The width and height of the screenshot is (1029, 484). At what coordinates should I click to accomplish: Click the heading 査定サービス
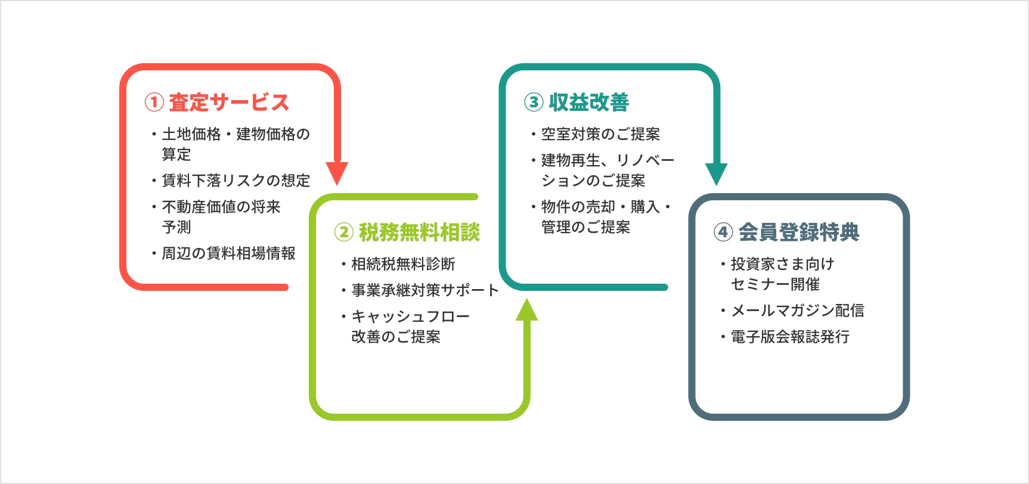tap(229, 103)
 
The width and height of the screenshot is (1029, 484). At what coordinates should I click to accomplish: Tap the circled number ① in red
tap(154, 103)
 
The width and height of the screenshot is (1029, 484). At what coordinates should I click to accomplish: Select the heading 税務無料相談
tap(419, 232)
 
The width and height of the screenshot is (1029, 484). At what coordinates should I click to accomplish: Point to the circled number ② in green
tap(343, 232)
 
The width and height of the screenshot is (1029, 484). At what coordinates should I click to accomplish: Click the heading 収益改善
tap(589, 103)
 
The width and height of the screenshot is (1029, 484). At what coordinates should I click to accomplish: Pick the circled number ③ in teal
tap(534, 103)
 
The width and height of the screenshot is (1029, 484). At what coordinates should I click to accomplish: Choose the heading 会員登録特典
tap(799, 232)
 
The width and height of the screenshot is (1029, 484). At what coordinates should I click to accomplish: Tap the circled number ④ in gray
tap(723, 232)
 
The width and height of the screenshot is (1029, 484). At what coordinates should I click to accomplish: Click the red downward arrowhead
tap(337, 173)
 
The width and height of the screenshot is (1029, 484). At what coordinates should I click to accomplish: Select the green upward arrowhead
tap(526, 309)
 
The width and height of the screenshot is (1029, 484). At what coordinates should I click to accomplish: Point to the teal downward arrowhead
tap(716, 173)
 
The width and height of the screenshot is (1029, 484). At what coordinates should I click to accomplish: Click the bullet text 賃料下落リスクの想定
tap(236, 181)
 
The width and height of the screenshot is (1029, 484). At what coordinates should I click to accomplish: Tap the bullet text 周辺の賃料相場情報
tap(229, 253)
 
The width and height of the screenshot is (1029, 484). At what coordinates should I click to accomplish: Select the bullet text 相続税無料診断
tap(404, 264)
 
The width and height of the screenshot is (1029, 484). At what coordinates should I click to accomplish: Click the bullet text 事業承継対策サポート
tap(425, 290)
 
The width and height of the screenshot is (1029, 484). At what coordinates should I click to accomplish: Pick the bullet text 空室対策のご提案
tap(601, 134)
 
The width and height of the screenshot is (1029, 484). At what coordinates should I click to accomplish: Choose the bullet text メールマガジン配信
tap(798, 311)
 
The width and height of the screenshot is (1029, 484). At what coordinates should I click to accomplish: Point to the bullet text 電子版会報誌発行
tap(791, 337)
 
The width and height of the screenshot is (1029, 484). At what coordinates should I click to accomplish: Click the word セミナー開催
tap(776, 284)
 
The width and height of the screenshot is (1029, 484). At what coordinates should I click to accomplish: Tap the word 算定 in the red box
tap(176, 154)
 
